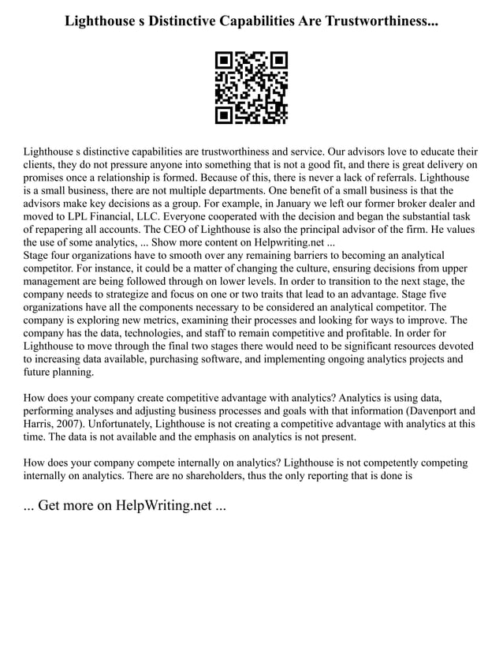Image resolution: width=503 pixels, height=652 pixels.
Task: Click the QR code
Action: [251, 88]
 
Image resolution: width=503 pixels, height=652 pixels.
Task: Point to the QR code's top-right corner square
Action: [278, 60]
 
